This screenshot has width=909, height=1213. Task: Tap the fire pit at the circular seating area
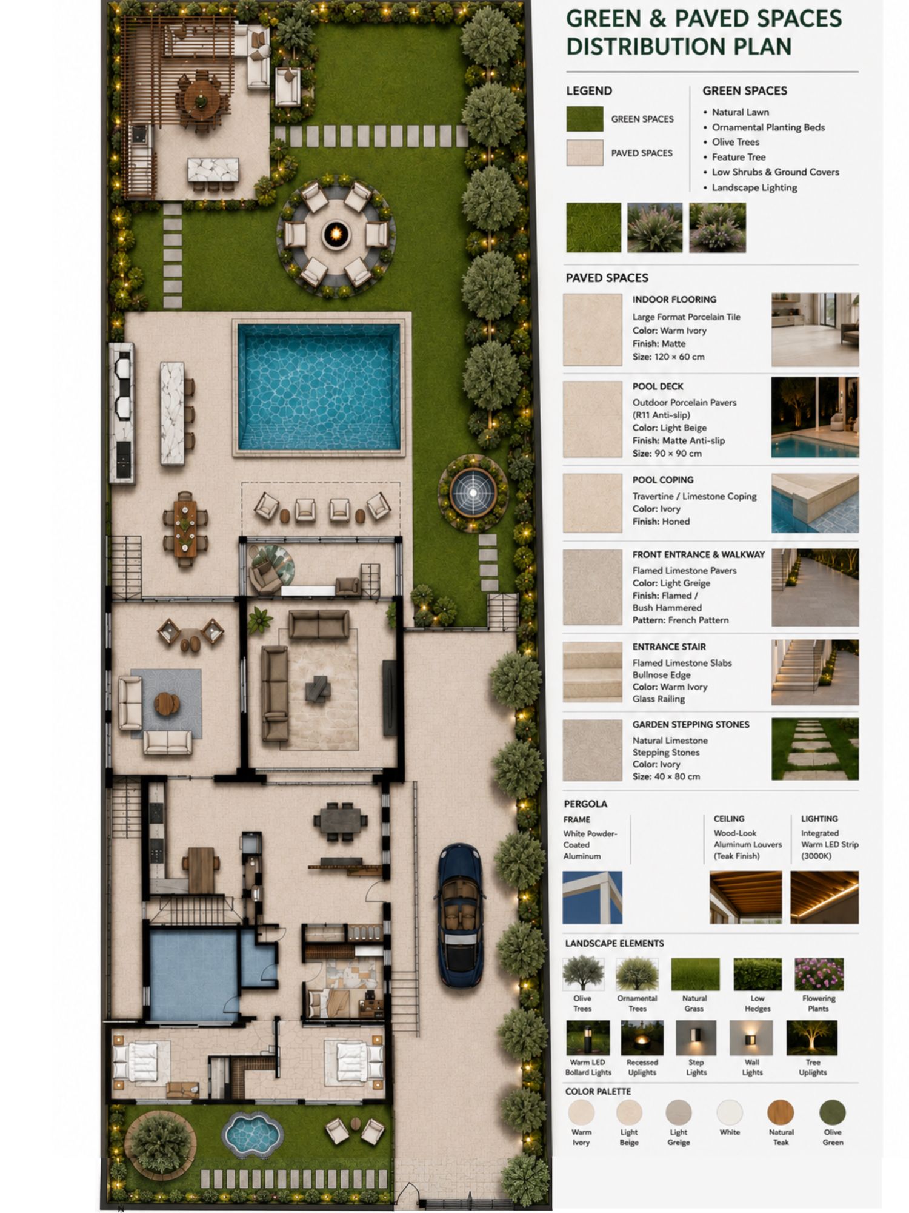[336, 233]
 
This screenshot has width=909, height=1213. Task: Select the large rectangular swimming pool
[319, 387]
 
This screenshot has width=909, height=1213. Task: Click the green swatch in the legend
[584, 119]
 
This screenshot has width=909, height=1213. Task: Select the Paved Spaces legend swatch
[584, 153]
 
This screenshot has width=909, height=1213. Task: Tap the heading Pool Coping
[663, 480]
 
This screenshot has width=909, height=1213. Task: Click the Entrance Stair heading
[669, 647]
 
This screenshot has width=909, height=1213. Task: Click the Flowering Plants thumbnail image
[819, 974]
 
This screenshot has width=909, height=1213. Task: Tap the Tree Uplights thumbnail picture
[812, 1038]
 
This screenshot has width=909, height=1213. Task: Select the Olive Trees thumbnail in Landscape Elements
[583, 974]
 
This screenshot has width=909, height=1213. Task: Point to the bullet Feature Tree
[739, 157]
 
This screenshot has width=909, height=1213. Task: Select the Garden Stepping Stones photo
[814, 749]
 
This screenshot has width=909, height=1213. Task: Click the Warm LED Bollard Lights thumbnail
[588, 1038]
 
